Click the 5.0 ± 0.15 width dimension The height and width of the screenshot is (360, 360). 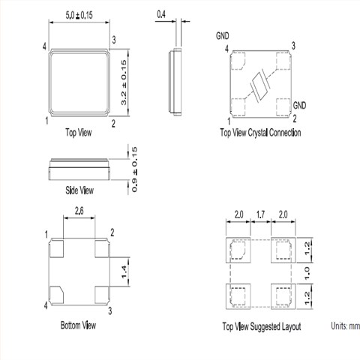(79, 15)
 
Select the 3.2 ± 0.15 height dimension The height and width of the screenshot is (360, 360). (124, 82)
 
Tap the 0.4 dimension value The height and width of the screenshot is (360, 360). (161, 14)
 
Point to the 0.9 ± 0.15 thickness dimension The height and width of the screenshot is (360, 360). (134, 169)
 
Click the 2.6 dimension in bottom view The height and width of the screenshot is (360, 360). (79, 211)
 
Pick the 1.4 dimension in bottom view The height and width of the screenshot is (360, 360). (124, 272)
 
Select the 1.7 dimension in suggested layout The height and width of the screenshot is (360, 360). (260, 214)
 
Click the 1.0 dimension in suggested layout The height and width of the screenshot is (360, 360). (307, 273)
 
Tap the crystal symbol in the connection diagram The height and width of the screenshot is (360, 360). (260, 85)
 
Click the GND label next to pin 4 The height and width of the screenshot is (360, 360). (223, 36)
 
